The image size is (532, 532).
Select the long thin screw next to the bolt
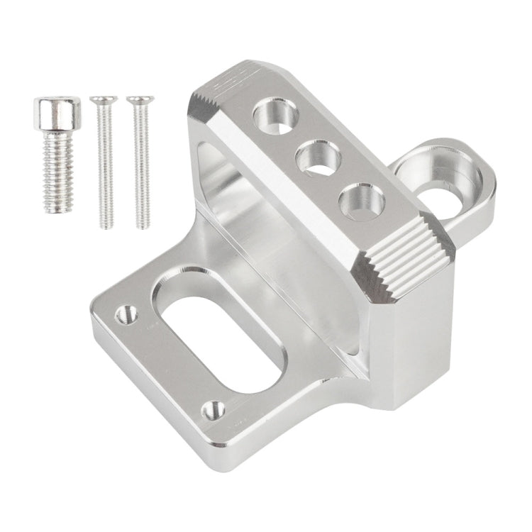104,163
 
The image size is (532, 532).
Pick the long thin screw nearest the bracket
140,163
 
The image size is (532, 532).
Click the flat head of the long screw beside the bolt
104,100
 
